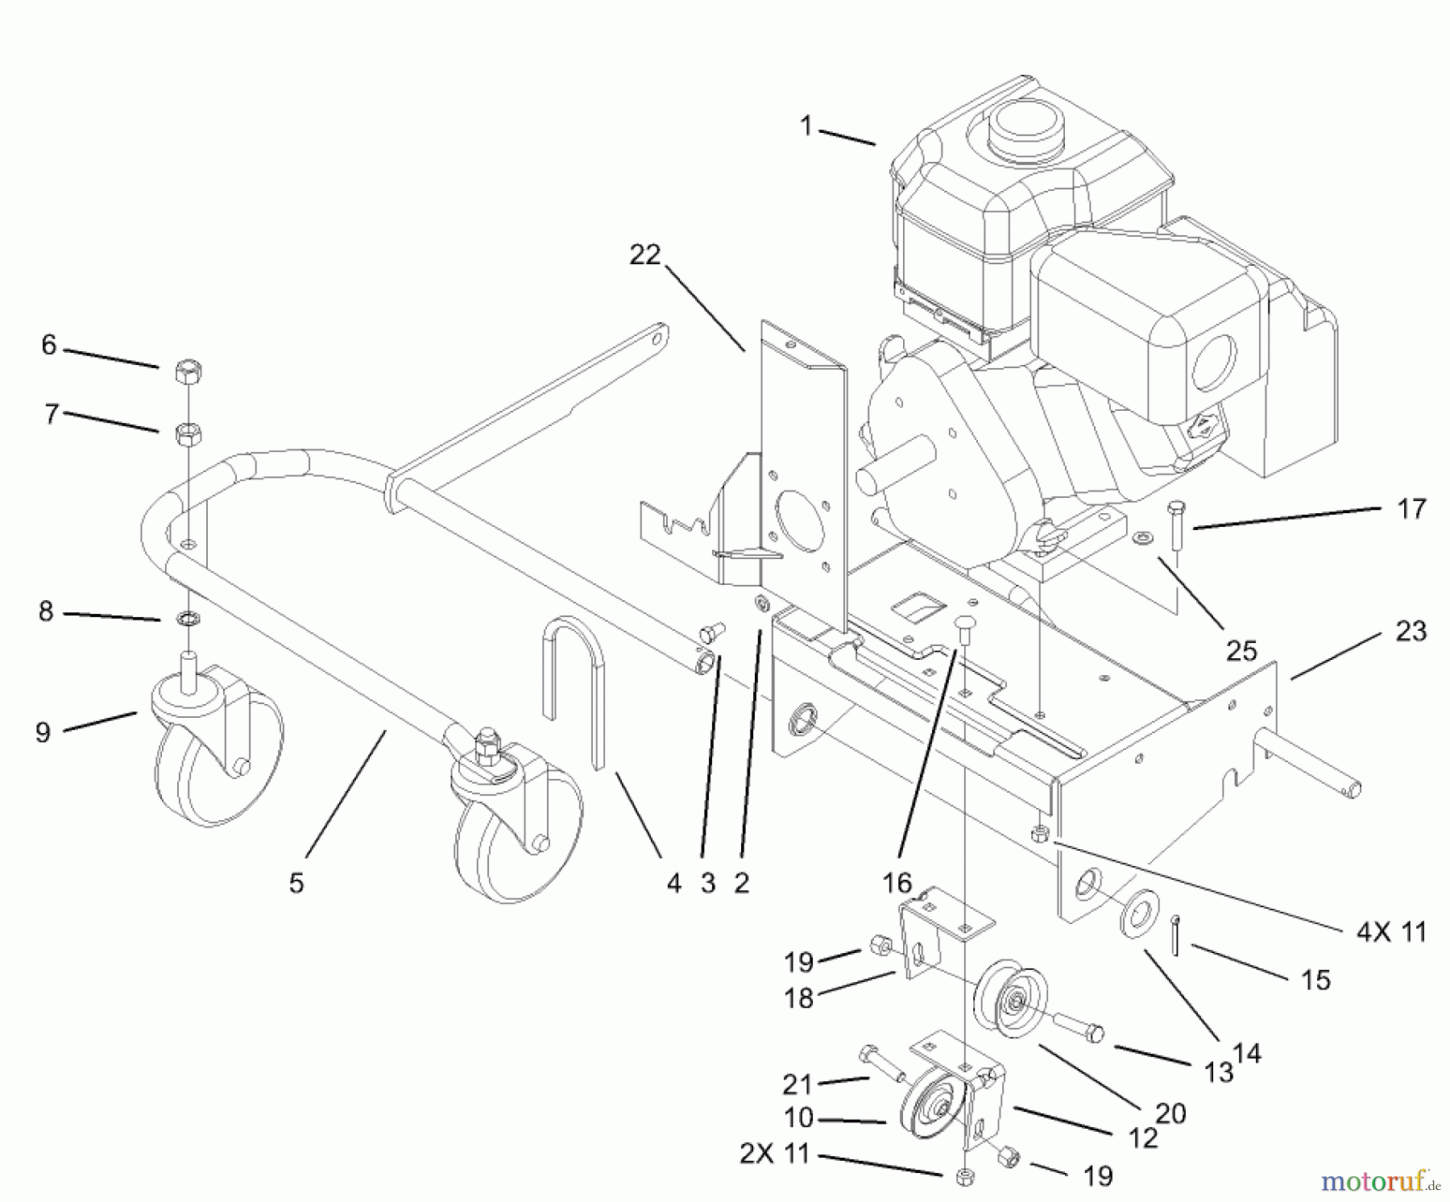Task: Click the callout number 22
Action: tap(644, 255)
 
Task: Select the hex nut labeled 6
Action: tap(188, 372)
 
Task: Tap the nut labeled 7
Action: tap(188, 433)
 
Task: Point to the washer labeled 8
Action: tap(189, 619)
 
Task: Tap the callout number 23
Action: tap(1411, 631)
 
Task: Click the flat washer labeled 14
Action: tap(1137, 913)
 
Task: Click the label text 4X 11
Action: tap(1391, 932)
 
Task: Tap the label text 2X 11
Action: tap(774, 1154)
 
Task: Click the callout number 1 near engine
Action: tap(806, 126)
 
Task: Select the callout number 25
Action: tap(1241, 650)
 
